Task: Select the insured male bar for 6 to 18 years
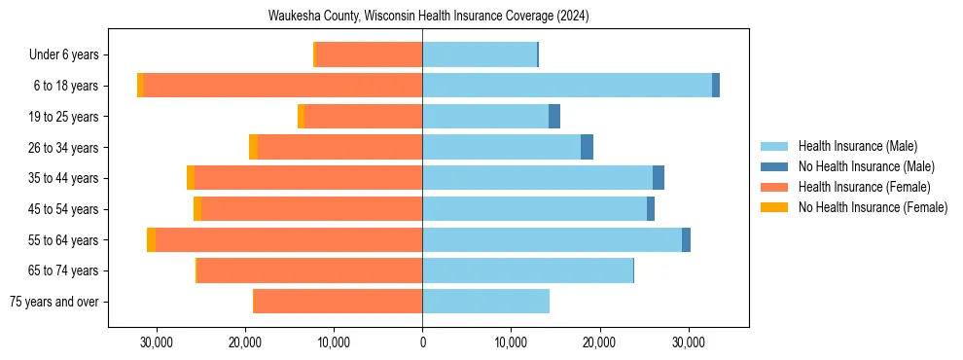pyautogui.click(x=567, y=86)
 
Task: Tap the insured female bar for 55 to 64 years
pyautogui.click(x=289, y=239)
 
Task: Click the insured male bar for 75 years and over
pyautogui.click(x=485, y=302)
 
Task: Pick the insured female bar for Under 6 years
pyautogui.click(x=370, y=55)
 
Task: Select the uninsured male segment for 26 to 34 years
pyautogui.click(x=587, y=147)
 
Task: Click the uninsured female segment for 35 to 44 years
pyautogui.click(x=191, y=178)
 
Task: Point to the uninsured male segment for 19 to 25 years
pyautogui.click(x=554, y=117)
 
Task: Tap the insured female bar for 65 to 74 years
pyautogui.click(x=309, y=270)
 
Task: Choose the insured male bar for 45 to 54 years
pyautogui.click(x=534, y=209)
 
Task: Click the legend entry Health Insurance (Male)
pyautogui.click(x=857, y=146)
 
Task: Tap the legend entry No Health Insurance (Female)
pyautogui.click(x=873, y=207)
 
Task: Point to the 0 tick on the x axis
pyautogui.click(x=422, y=343)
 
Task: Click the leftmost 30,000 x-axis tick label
pyautogui.click(x=157, y=343)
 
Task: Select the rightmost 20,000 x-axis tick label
pyautogui.click(x=599, y=343)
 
